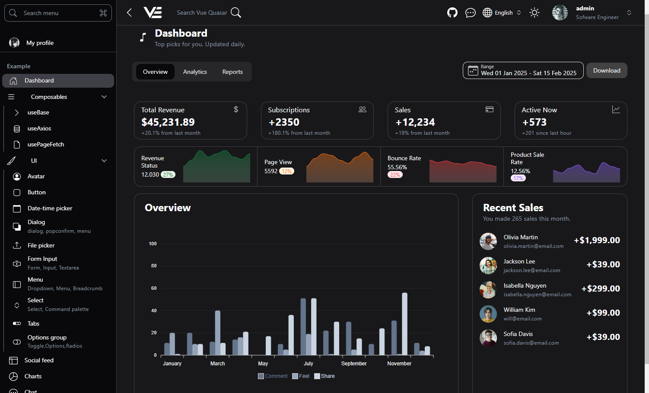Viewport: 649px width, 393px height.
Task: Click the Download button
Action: pos(606,71)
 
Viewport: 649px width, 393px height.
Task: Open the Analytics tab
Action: pos(195,72)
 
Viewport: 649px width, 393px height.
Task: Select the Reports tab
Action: pos(232,72)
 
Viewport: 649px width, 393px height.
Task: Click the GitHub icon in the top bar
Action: pos(452,13)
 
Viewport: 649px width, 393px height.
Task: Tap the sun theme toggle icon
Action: pos(534,13)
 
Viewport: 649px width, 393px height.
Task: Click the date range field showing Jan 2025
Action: pos(523,70)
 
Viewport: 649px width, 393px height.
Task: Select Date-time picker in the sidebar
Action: pos(50,209)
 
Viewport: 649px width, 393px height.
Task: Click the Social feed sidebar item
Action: pos(39,361)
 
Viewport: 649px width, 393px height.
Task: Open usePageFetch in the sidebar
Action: pos(45,145)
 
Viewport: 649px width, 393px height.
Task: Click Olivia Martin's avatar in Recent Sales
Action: pos(488,241)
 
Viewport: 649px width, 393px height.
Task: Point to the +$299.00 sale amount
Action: pos(601,289)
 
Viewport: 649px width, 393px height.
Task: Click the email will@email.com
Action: pos(522,319)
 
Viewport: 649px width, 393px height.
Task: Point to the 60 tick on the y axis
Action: pos(154,288)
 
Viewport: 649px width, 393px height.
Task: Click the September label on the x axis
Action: pos(353,364)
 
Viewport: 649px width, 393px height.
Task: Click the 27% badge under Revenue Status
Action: pos(168,175)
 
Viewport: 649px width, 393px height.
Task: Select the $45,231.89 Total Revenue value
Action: pos(168,122)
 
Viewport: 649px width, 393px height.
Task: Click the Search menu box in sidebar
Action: pos(58,13)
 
